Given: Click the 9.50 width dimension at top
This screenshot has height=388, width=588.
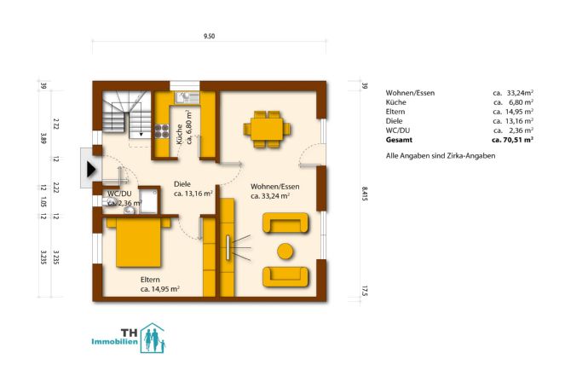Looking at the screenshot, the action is pos(210,36).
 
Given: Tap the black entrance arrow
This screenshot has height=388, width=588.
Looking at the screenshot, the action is pos(91,169).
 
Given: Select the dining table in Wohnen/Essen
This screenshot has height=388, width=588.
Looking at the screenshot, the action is pos(267,129).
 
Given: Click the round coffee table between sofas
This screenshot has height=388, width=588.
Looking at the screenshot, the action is pos(285,251).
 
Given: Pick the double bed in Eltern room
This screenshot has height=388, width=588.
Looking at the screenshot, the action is pos(139,241).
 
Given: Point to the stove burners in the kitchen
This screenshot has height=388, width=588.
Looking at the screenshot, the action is pos(162,131).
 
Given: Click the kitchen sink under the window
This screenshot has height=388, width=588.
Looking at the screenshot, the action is pos(187,97).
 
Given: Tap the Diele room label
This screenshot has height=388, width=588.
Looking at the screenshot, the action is pos(182,184).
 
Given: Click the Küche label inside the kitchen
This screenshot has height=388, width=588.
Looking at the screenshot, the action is pos(179,135).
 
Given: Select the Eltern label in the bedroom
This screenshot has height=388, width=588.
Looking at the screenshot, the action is pos(150,280).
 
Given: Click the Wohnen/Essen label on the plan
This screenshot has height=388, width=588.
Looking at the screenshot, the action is pos(275,187).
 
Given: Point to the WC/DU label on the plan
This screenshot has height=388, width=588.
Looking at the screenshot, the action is pos(119,194).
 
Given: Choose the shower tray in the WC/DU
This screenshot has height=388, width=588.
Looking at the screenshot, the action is pos(149,201).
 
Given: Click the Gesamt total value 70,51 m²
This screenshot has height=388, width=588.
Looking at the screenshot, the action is pos(512,140).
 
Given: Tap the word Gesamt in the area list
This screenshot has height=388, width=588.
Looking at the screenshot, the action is pos(399,140).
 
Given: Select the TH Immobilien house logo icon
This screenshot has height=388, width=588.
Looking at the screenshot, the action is pos(153,338).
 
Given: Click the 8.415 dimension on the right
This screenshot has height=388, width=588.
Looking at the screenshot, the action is pos(365,194).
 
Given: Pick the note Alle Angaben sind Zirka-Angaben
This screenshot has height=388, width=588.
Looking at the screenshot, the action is pos(441,156).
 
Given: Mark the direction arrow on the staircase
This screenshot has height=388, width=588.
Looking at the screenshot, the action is pos(141,125).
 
